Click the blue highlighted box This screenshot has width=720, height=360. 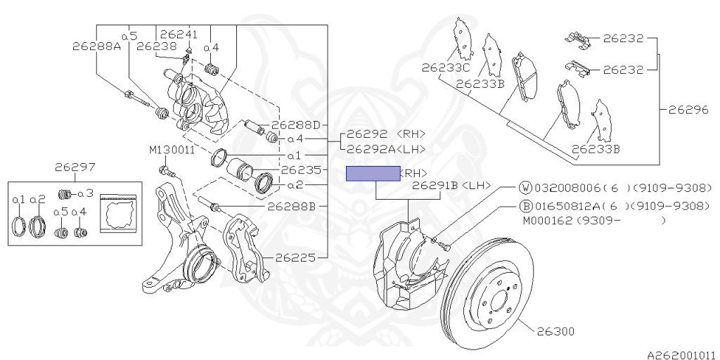(x=372, y=174)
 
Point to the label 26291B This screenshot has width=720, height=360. (x=435, y=186)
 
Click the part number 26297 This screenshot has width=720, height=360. (x=75, y=167)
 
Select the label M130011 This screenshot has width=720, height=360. (x=172, y=150)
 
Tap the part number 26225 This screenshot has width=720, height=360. (x=296, y=257)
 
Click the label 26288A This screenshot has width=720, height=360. (x=96, y=47)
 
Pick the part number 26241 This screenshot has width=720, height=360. (x=179, y=34)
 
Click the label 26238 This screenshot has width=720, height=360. (x=157, y=46)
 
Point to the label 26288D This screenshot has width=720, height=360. (x=295, y=125)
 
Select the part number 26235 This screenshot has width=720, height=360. (x=301, y=170)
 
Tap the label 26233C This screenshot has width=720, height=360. (x=446, y=68)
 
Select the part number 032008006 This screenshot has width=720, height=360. (x=567, y=188)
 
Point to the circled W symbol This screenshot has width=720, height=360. (x=525, y=188)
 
